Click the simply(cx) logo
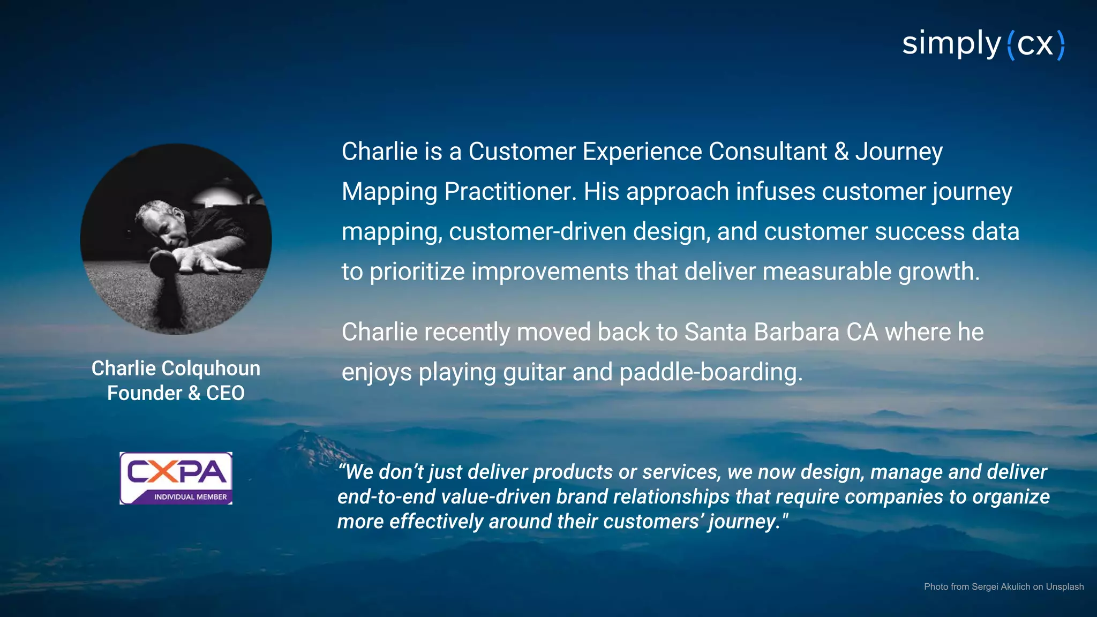tap(983, 44)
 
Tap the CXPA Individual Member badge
tap(176, 478)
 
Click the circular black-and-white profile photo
tap(176, 239)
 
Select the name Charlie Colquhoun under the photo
tap(176, 368)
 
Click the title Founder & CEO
tap(176, 393)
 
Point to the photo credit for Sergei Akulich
tap(1003, 586)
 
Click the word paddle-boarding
tap(711, 372)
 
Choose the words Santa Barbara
tap(762, 332)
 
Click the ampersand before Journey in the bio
tap(841, 152)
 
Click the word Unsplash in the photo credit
tap(1064, 586)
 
